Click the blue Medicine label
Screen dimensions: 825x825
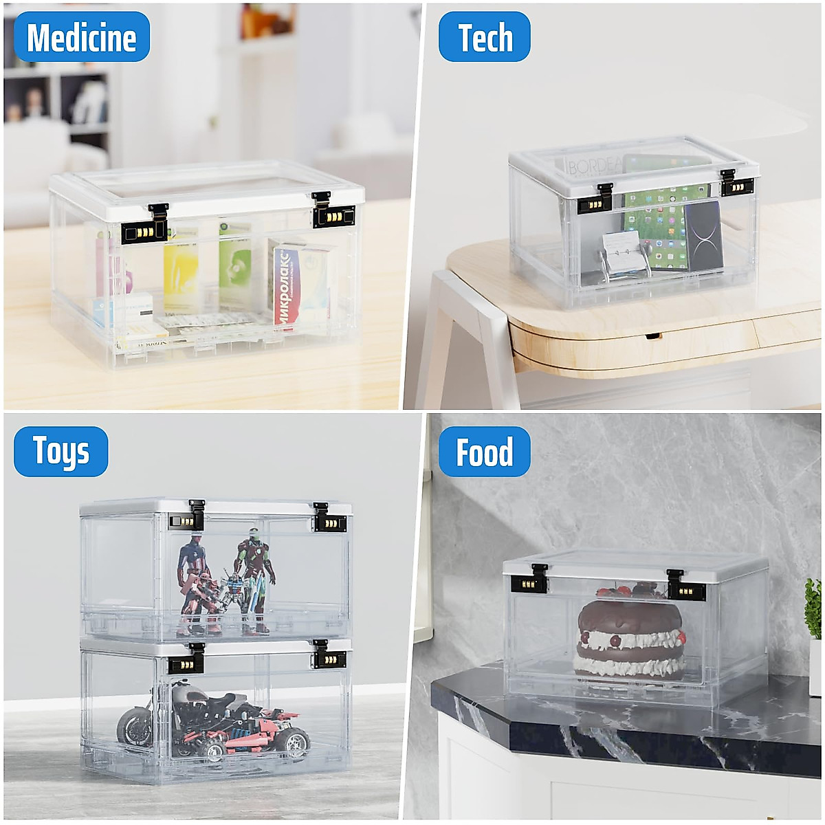tap(81, 37)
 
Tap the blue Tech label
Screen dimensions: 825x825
tap(485, 37)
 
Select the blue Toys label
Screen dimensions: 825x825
tap(61, 452)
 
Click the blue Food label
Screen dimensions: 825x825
tap(485, 452)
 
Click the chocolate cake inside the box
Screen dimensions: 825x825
tap(630, 636)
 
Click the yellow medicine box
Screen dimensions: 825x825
tap(180, 275)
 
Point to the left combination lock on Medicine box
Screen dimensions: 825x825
tap(145, 232)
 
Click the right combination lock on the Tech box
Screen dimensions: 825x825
tap(737, 186)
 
